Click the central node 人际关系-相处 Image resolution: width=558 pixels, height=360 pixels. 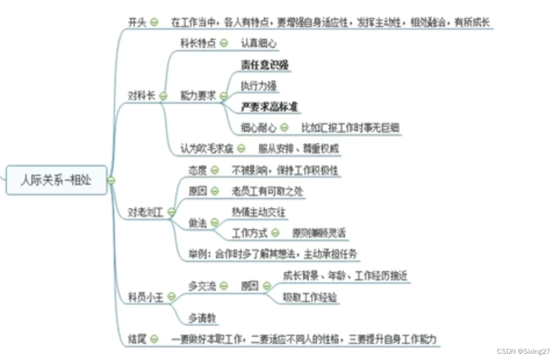(56, 180)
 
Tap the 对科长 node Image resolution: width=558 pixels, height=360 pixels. (141, 96)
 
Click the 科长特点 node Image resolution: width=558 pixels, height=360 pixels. (198, 43)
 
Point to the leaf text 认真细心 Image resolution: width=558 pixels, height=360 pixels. (258, 43)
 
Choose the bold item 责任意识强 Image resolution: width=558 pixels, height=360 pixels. (264, 66)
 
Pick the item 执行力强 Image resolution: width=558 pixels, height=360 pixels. (258, 86)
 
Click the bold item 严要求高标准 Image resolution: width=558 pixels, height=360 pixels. (270, 107)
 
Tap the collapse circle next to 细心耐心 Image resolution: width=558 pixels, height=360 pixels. (284, 127)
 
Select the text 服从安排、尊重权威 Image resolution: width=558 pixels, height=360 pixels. (298, 149)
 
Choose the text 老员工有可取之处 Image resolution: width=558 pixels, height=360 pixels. (267, 191)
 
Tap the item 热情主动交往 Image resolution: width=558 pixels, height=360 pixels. (259, 211)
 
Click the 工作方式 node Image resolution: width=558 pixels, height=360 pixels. (250, 233)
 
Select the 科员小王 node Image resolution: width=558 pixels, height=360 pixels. (146, 297)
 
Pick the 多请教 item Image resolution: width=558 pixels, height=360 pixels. (202, 319)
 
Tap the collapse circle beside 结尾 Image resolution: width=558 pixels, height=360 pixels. (154, 339)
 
